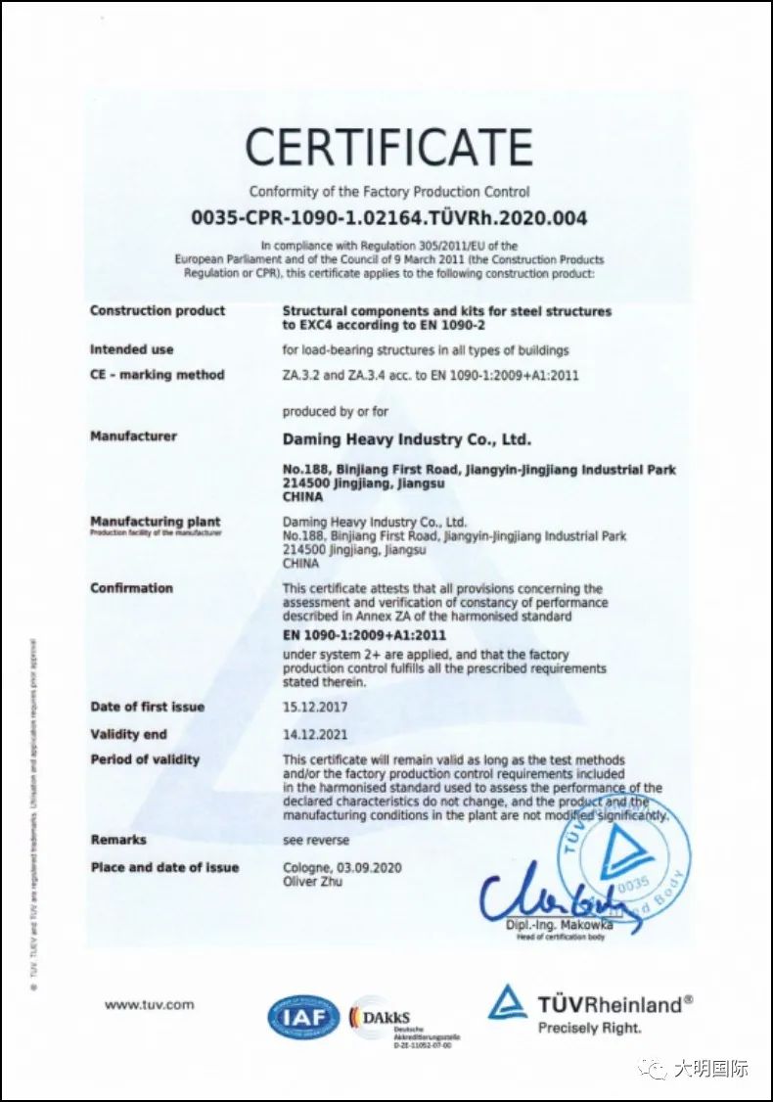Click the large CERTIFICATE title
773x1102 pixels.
point(388,148)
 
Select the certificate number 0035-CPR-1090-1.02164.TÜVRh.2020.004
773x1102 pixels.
point(388,217)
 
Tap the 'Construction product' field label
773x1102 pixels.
point(158,311)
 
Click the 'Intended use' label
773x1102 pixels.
point(132,349)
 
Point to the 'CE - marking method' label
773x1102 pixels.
point(158,375)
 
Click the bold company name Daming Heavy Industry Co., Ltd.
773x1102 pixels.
point(407,439)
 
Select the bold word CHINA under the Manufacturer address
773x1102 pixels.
point(302,497)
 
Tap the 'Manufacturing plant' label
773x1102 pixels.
point(156,522)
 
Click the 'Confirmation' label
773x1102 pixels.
point(131,588)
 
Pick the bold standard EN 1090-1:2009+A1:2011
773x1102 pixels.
point(364,635)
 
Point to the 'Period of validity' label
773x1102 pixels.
point(145,759)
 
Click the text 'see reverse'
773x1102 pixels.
point(316,840)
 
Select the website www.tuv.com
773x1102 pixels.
point(150,1004)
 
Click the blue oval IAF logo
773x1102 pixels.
point(303,1018)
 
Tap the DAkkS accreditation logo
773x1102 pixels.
point(389,1018)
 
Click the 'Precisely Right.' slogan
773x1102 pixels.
point(589,1028)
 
